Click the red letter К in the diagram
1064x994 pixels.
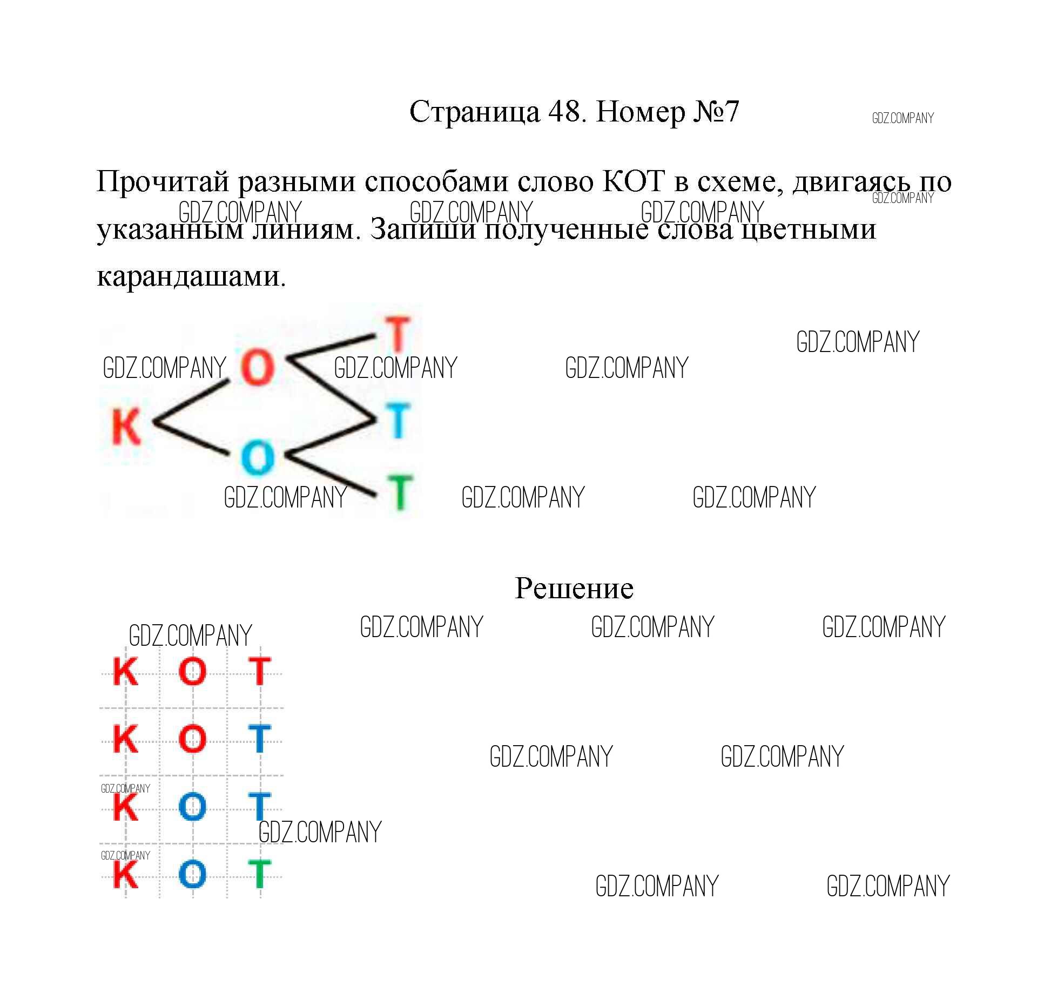coord(126,426)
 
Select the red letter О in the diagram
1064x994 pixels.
coord(258,367)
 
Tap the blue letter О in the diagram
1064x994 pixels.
coord(258,457)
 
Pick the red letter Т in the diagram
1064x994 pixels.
coord(398,334)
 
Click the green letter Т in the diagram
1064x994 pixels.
coord(400,492)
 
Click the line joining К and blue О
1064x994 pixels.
coord(191,438)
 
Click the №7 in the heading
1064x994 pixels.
coord(713,112)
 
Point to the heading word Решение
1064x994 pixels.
coord(574,588)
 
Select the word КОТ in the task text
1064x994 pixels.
coord(633,181)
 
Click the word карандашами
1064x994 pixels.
coord(191,277)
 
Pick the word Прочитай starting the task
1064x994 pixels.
coord(163,182)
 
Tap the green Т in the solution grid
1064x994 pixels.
coord(259,874)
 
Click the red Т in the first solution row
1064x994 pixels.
coord(259,671)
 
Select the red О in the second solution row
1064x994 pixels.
coord(192,739)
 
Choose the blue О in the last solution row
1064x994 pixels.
coord(192,874)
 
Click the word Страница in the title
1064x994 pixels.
coord(475,112)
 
